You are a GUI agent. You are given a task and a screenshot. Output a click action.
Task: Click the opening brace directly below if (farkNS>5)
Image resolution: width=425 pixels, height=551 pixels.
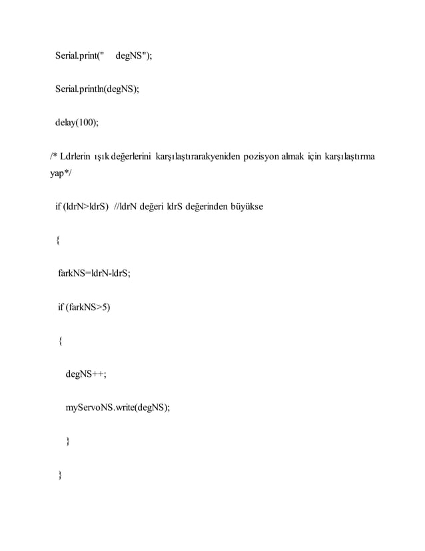coord(61,341)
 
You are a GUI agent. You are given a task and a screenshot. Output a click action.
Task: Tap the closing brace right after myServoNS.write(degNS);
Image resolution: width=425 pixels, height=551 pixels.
coord(67,440)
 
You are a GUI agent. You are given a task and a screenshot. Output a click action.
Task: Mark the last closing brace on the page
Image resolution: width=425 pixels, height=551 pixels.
coord(61,474)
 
